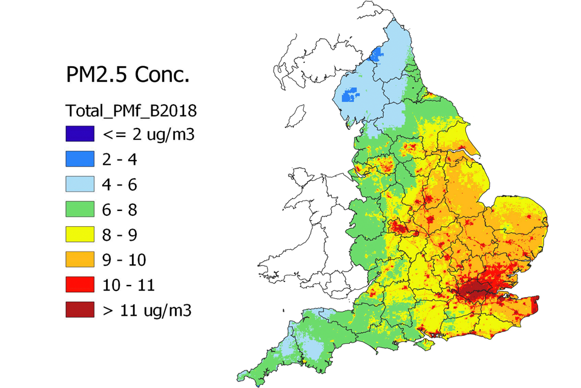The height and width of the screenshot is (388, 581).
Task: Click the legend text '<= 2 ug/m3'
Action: click(x=148, y=135)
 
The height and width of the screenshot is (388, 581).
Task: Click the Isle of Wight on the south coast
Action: click(x=427, y=344)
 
